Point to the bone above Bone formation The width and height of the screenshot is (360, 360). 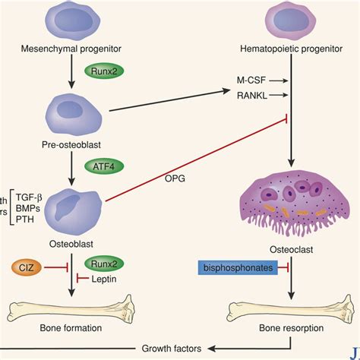(73, 308)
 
